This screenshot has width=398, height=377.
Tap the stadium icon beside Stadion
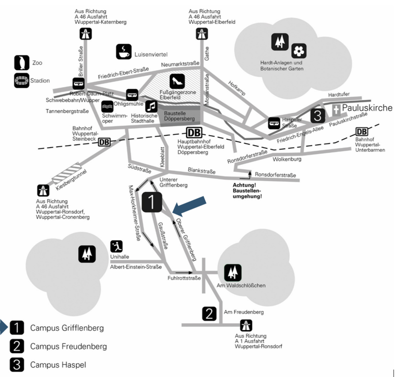click(x=20, y=81)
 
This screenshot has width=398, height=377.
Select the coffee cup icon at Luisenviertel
click(x=123, y=52)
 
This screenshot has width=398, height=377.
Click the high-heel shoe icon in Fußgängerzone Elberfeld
click(x=177, y=81)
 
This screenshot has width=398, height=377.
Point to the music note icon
click(x=151, y=106)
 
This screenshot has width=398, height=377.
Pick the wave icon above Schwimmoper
click(x=108, y=107)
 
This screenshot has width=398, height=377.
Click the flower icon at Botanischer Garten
click(x=299, y=51)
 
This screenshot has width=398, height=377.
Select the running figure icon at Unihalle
click(x=116, y=246)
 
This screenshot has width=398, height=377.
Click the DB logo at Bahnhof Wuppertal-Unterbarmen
click(x=361, y=132)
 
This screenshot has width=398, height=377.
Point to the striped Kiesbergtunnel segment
click(x=67, y=174)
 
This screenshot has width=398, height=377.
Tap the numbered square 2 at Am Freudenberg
click(x=210, y=313)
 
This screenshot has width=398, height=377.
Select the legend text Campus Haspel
click(x=58, y=365)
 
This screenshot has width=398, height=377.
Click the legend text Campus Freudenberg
click(x=68, y=346)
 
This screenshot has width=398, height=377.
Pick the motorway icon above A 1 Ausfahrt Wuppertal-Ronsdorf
click(x=246, y=326)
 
